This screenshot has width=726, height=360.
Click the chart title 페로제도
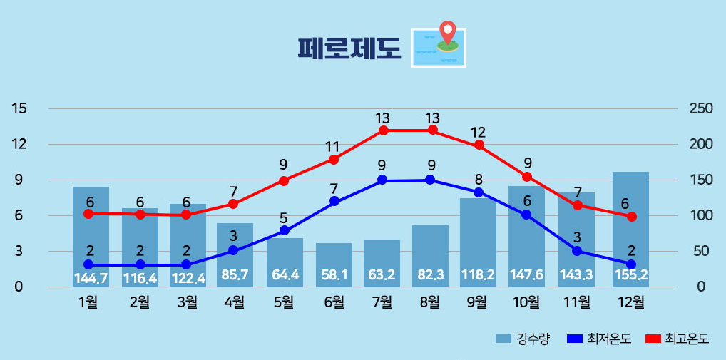(x=349, y=48)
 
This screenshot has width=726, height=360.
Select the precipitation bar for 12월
(x=630, y=228)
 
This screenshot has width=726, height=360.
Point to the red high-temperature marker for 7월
(x=384, y=130)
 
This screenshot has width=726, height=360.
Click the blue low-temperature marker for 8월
(x=430, y=180)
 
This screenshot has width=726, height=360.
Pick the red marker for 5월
(x=284, y=180)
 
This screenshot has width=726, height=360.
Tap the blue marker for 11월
(x=577, y=250)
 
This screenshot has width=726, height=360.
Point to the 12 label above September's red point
(x=478, y=133)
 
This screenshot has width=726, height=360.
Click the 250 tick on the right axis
(x=701, y=108)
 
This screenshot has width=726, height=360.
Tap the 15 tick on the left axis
(x=19, y=108)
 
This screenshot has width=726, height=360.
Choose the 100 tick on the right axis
(x=701, y=215)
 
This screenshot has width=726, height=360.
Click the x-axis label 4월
(x=234, y=302)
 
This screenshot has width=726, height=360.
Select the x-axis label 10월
(x=526, y=302)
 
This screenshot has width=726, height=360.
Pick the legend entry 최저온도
(x=599, y=339)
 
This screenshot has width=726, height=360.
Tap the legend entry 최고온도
(x=677, y=339)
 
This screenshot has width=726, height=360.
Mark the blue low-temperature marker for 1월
(x=88, y=264)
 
